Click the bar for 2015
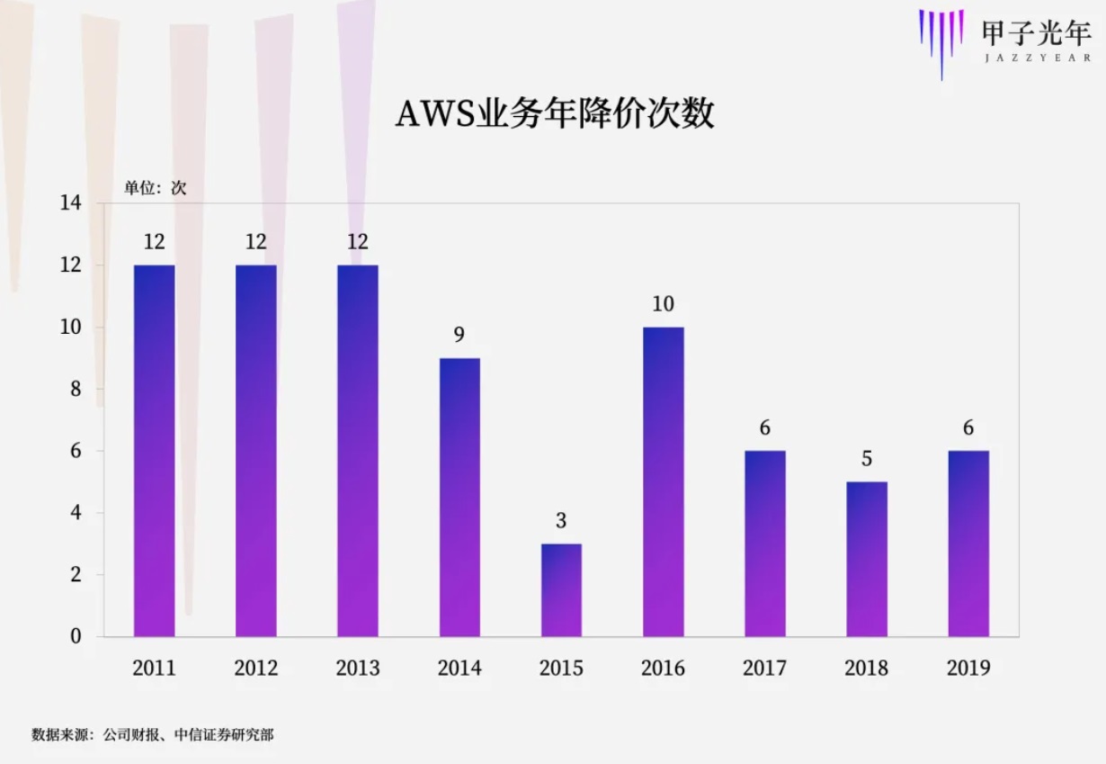point(561,589)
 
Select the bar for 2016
point(663,481)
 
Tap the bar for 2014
point(459,497)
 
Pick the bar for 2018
point(866,559)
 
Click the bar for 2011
point(154,450)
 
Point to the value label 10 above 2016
point(663,304)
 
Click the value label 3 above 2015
point(561,521)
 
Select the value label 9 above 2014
point(459,336)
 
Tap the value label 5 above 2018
point(866,459)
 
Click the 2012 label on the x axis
point(255,668)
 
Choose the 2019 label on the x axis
point(968,668)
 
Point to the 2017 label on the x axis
point(764,668)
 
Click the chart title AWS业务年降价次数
point(555,115)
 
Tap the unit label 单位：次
point(155,188)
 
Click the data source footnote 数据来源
point(153,735)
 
